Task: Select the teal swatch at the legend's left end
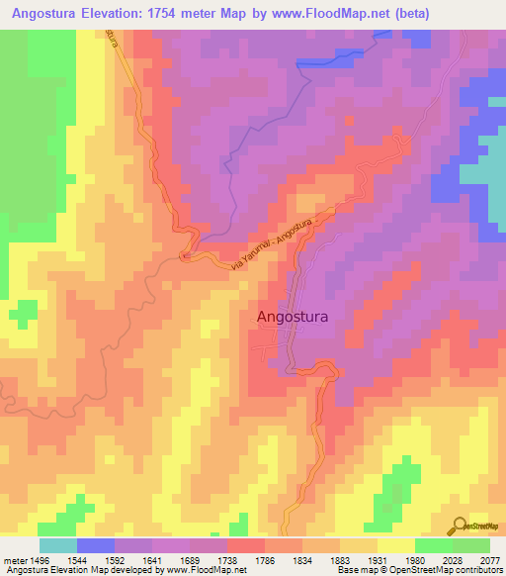coord(58,545)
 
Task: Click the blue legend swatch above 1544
coord(96,545)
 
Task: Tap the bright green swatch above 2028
coord(433,545)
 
